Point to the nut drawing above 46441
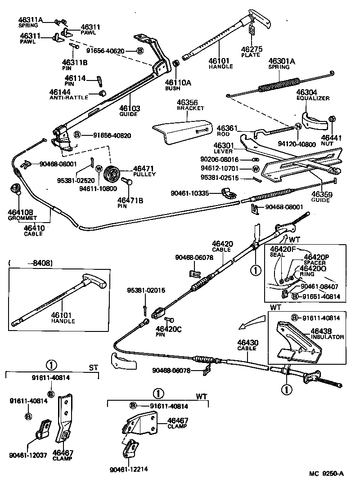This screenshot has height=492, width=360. click(332, 119)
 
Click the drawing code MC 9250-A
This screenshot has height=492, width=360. click(326, 474)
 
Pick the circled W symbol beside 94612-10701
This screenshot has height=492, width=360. click(256, 169)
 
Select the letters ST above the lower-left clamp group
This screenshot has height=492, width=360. click(93, 367)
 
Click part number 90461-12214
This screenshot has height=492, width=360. click(129, 470)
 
